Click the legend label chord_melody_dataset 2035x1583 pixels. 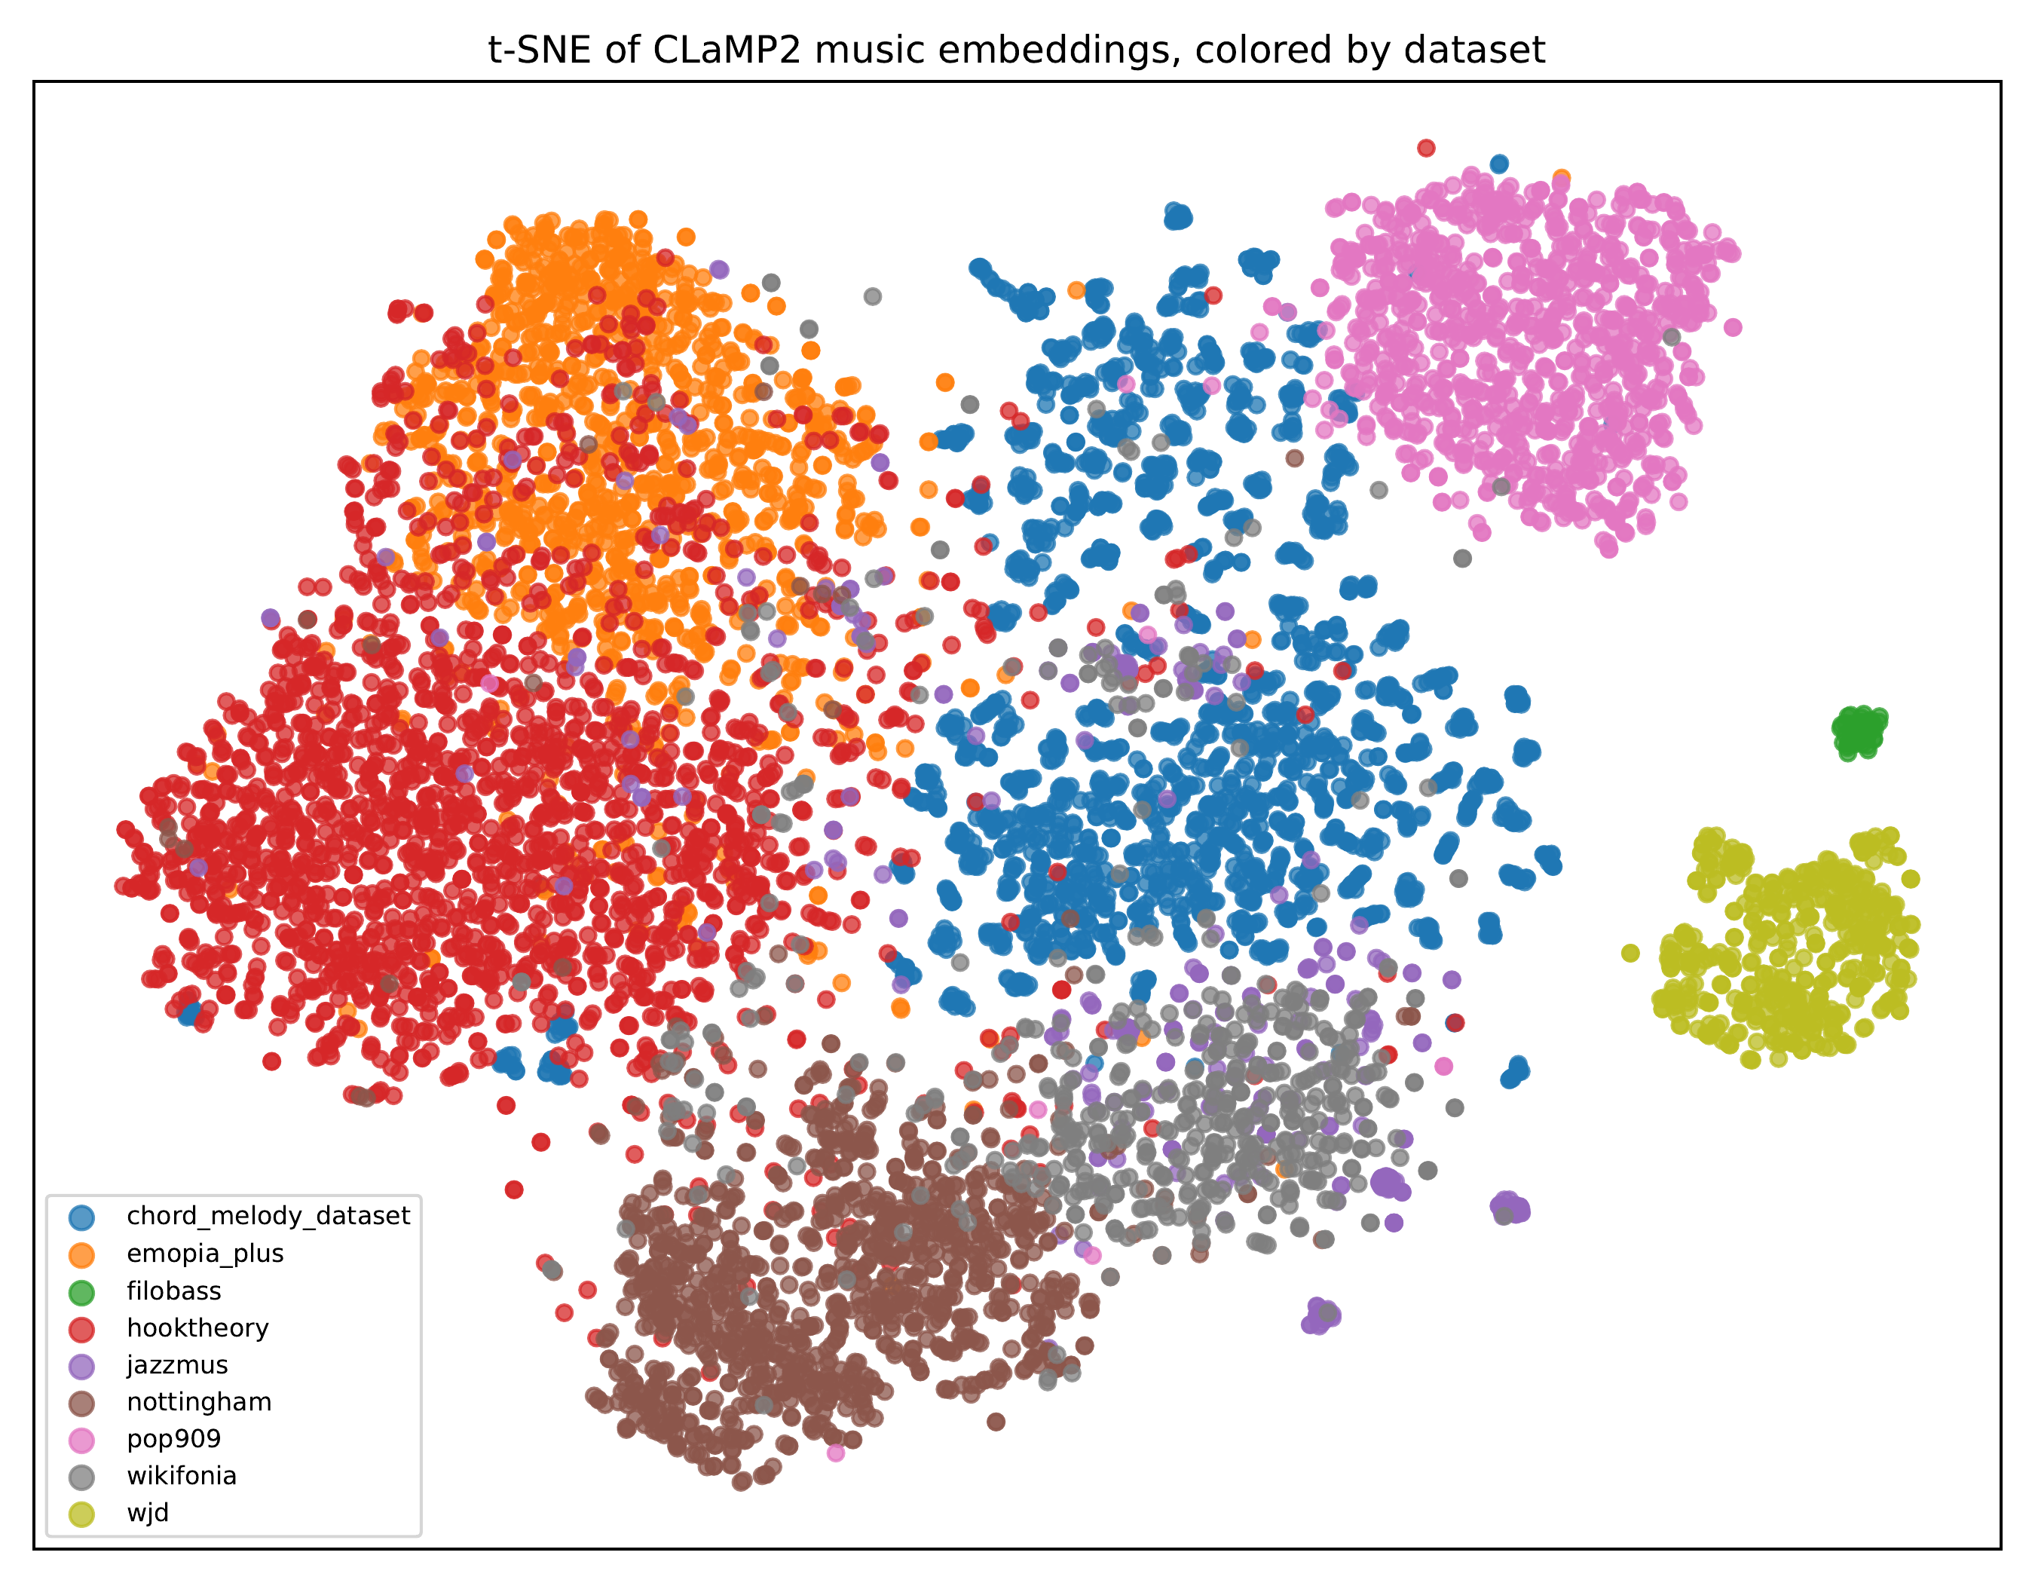pos(268,1216)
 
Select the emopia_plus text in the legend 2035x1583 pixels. pos(205,1253)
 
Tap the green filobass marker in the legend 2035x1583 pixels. pos(82,1292)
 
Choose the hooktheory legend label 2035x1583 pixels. pos(197,1327)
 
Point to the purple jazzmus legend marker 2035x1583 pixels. pos(82,1367)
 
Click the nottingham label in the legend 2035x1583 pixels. pos(200,1401)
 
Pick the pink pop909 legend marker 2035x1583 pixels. pos(82,1441)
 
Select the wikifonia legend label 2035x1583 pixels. pos(182,1476)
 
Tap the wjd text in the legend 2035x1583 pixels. pos(148,1513)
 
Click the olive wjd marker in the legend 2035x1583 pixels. pos(82,1515)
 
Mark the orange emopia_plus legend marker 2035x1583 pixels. pos(82,1255)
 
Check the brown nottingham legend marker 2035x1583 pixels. pos(82,1403)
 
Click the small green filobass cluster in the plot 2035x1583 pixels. pos(1859,731)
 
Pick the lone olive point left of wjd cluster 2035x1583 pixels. pos(1630,952)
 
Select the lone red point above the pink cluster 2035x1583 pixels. pos(1425,147)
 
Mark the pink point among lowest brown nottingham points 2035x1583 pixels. pos(836,1453)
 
